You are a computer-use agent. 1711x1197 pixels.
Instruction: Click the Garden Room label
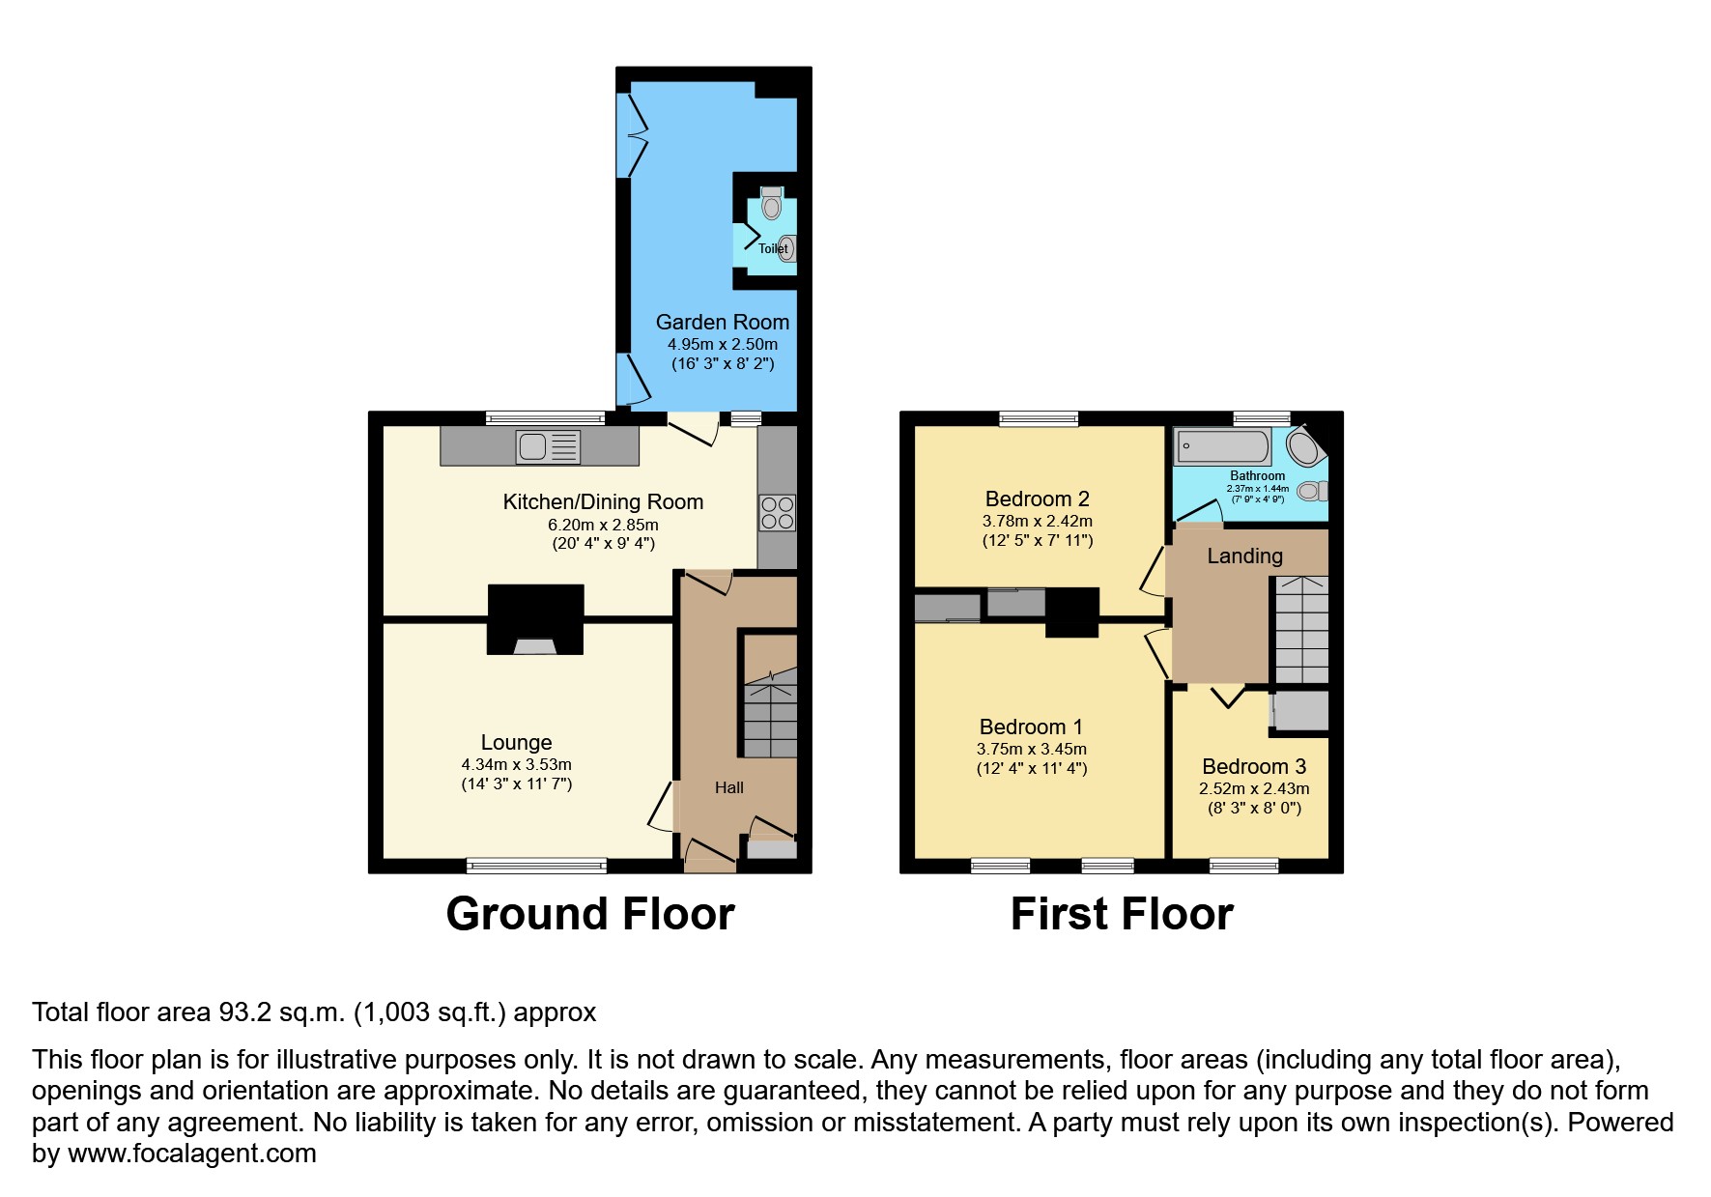click(723, 322)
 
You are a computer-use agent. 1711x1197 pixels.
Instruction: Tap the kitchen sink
click(549, 446)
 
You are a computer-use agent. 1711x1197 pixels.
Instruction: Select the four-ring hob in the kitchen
click(778, 513)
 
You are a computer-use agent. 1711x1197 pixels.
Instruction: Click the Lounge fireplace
click(535, 619)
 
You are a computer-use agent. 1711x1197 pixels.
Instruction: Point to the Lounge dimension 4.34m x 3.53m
click(517, 764)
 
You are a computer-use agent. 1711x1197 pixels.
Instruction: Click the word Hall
click(729, 787)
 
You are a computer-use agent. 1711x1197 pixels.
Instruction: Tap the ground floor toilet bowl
click(771, 203)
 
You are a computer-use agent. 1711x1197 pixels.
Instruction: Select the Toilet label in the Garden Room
click(773, 248)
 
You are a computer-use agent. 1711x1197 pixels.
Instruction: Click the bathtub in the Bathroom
click(1222, 446)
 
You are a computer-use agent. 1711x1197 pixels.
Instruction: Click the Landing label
click(1245, 556)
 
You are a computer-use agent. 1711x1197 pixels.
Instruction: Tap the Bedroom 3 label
click(1254, 766)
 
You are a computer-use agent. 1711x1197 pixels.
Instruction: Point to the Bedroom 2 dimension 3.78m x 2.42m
click(1038, 521)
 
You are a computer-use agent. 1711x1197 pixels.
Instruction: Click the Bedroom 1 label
click(1031, 727)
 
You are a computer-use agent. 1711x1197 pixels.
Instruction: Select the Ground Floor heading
click(590, 914)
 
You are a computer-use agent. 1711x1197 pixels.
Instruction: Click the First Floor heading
click(1122, 914)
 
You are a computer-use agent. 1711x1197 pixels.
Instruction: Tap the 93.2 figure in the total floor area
click(238, 1012)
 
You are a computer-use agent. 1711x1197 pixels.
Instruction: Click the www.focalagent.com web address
click(192, 1154)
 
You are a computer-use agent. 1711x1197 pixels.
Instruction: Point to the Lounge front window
click(537, 866)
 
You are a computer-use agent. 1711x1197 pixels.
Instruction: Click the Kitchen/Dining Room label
click(603, 501)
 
